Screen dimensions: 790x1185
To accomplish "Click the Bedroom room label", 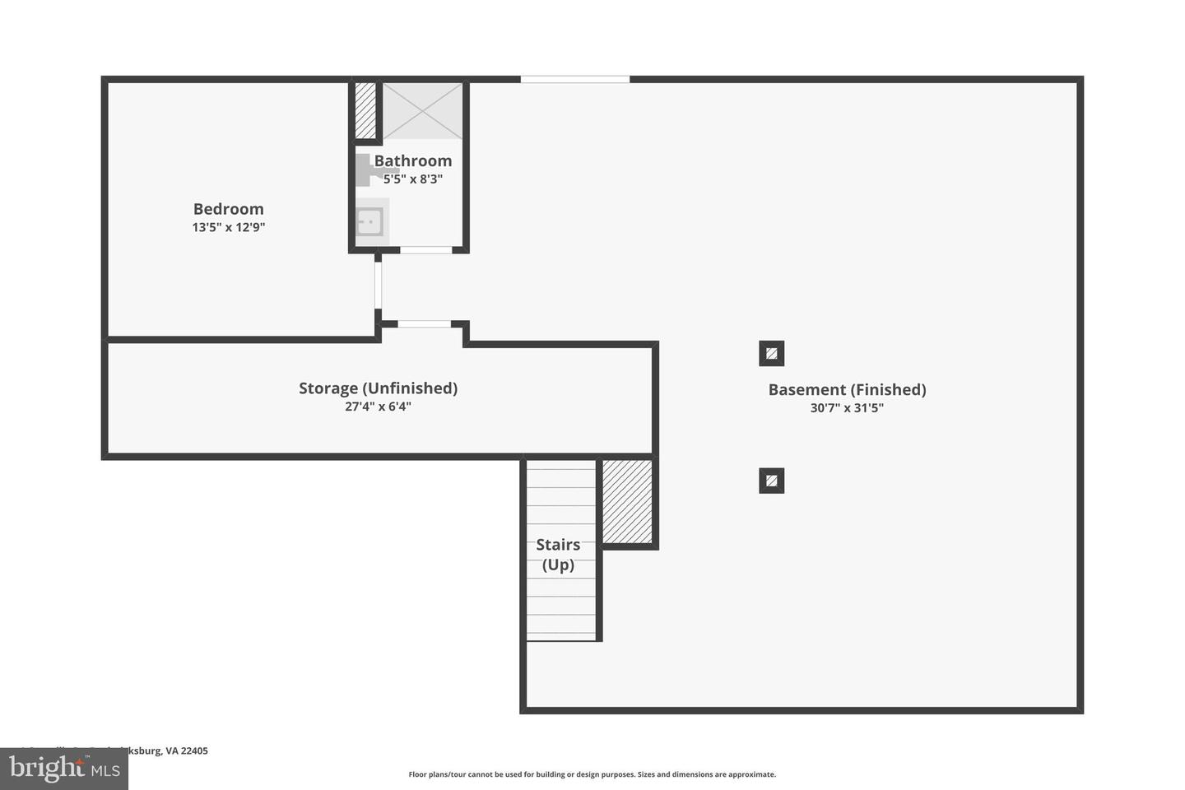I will (x=228, y=209).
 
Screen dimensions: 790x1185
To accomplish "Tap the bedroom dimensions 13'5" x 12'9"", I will (x=228, y=227).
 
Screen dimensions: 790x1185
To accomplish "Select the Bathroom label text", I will (x=412, y=160).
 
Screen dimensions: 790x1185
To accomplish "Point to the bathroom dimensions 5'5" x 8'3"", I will (x=412, y=179).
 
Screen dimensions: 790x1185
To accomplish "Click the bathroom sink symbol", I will (x=369, y=221).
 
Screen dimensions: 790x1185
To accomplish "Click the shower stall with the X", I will (x=423, y=110).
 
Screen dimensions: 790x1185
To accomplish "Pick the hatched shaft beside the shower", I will (x=365, y=110).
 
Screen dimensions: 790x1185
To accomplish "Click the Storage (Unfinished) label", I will (x=378, y=388).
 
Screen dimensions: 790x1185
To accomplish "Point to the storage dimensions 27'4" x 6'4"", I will (x=378, y=407).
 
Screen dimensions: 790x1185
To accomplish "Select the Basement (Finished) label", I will (x=847, y=389).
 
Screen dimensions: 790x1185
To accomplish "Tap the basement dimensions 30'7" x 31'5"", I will (x=847, y=408).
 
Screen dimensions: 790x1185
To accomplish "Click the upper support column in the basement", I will (x=771, y=354).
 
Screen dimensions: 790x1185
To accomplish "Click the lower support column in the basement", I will (x=771, y=481).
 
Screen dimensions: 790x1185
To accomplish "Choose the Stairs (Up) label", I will (x=558, y=555).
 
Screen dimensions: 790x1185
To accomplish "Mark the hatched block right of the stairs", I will (x=627, y=501).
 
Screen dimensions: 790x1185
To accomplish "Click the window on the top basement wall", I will (x=574, y=79).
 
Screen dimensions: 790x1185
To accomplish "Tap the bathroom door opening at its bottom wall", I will (x=425, y=249).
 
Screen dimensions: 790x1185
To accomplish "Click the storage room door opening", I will (x=424, y=324).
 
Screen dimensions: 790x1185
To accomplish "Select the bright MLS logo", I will (x=64, y=769).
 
